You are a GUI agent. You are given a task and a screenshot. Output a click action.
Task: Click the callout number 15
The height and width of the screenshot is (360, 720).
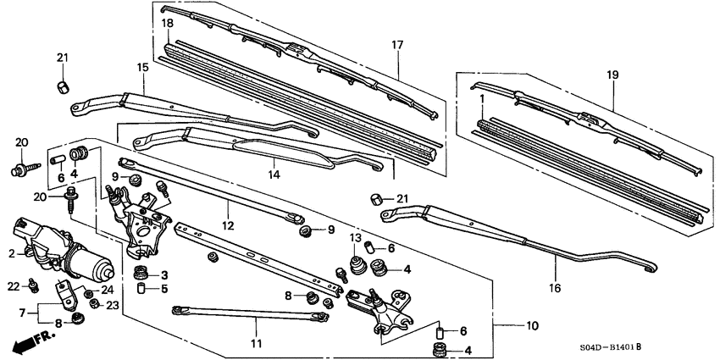coord(143,67)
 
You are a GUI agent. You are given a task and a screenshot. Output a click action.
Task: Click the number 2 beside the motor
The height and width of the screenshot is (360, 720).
coord(12,252)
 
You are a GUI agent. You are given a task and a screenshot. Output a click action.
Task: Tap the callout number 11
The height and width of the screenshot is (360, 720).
coord(256,344)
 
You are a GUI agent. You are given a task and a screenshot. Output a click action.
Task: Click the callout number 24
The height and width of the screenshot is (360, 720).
coord(108,290)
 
